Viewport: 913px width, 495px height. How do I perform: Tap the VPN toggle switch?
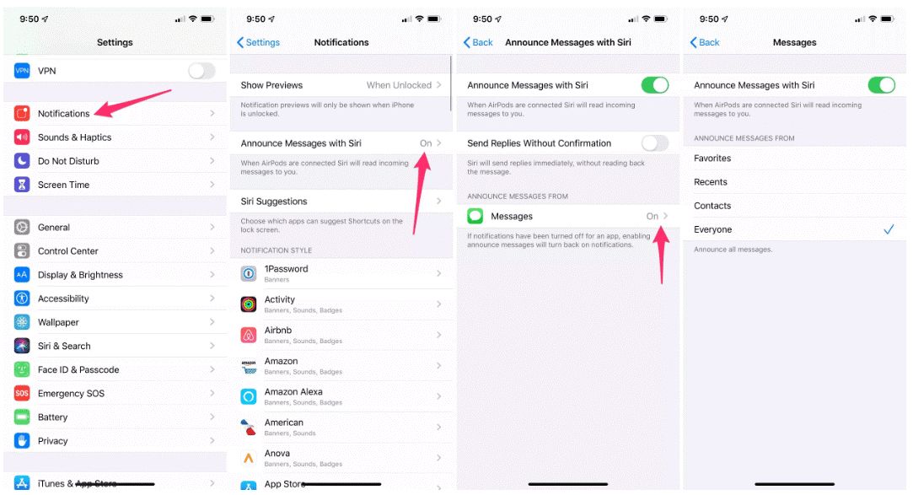point(201,71)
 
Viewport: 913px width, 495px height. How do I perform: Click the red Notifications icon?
point(22,113)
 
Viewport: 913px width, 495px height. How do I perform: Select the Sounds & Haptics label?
point(74,137)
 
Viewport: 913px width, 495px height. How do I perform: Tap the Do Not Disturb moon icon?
point(22,161)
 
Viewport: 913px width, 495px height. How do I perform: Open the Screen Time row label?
point(63,185)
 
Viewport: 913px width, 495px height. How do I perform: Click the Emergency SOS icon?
point(22,393)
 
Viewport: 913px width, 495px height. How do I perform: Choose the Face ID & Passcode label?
point(78,370)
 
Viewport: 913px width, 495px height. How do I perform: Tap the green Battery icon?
point(22,417)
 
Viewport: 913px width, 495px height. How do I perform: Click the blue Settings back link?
point(259,42)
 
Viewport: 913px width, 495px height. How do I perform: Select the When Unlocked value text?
point(399,85)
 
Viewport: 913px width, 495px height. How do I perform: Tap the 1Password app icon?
point(249,273)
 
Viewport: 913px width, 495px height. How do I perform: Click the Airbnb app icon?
point(249,335)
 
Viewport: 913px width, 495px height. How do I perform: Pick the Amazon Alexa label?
point(293,392)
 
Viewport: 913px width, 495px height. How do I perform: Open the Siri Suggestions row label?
point(274,202)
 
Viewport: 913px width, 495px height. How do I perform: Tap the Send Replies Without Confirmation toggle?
point(655,143)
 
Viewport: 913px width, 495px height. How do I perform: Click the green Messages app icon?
point(475,216)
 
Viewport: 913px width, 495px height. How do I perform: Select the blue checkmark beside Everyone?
point(889,229)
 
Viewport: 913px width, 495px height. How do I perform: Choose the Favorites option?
point(712,159)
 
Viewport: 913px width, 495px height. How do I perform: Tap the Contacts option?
point(712,206)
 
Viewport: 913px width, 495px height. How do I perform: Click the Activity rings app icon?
point(249,304)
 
